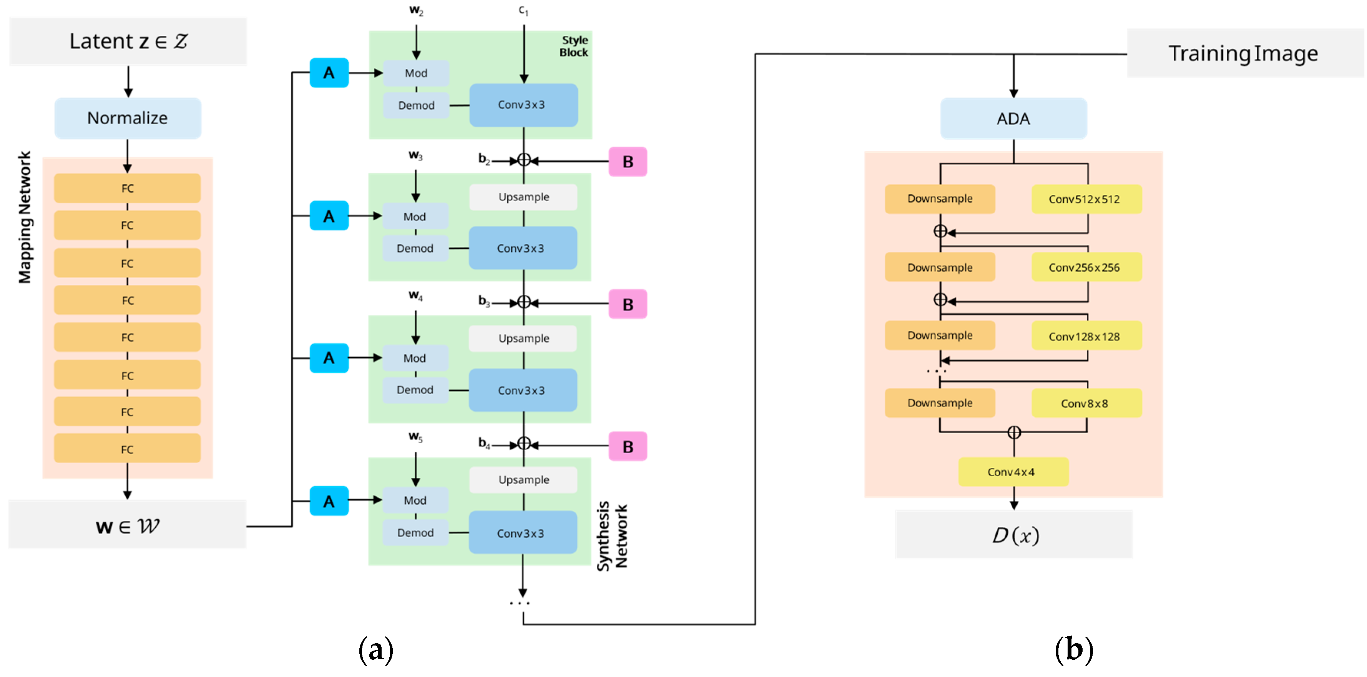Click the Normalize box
[127, 118]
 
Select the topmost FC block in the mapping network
[127, 188]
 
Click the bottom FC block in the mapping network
[127, 449]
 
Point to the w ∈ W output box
[127, 526]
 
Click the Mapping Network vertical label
[25, 217]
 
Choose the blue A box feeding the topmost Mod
[329, 73]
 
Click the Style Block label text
[574, 46]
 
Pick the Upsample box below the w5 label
[523, 479]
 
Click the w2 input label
[416, 10]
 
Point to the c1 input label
[523, 10]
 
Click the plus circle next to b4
[524, 443]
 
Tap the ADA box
[1013, 118]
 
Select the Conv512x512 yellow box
[1086, 199]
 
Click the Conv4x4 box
[1013, 472]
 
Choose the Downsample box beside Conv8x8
[940, 403]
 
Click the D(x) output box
[1013, 534]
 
